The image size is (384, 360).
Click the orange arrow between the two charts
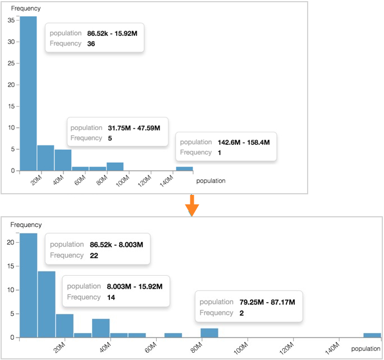192,204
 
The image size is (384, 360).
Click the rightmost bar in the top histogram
185,168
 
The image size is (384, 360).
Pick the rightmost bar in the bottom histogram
372,335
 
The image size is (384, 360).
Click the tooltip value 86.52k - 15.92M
112,34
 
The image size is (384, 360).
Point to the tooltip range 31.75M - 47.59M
134,128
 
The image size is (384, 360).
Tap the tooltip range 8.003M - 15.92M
135,287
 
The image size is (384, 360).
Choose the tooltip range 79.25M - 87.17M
267,302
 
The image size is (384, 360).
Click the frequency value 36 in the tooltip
91,44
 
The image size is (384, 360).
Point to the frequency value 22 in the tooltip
94,255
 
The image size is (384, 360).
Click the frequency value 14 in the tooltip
111,297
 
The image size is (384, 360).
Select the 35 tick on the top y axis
11,20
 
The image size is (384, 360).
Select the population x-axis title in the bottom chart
366,349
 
